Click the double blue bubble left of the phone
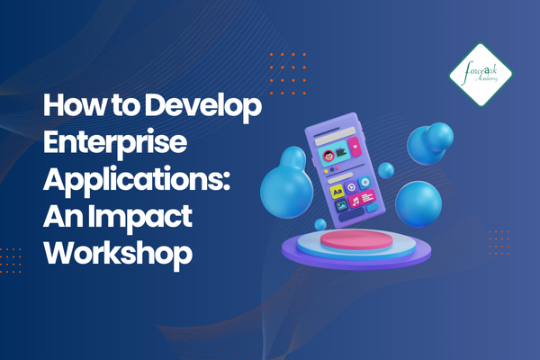click(x=286, y=179)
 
